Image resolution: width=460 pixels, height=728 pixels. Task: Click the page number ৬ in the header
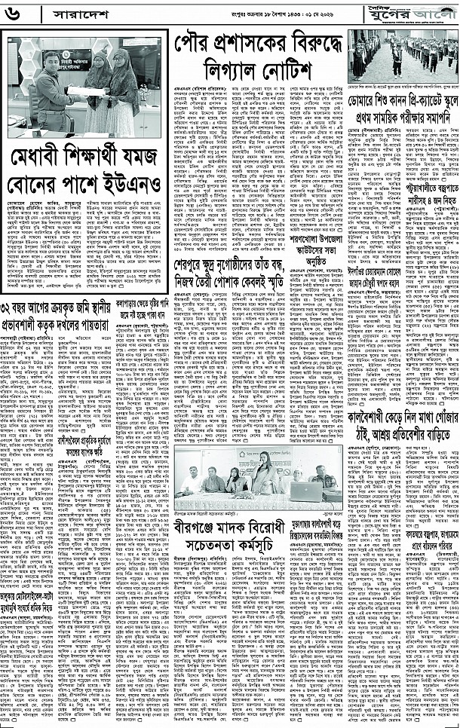pos(15,14)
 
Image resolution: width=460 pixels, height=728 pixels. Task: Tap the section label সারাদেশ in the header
pos(63,14)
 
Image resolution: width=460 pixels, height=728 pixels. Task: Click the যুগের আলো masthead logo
pos(417,13)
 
